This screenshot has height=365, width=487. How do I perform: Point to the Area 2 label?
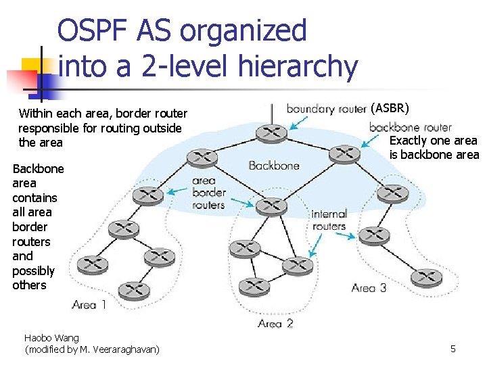[275, 324]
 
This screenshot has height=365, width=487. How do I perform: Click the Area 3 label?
[369, 288]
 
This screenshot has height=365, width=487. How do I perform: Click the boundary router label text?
[326, 109]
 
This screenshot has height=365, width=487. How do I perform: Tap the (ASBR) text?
[390, 108]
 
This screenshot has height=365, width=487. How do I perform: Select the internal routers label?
[329, 220]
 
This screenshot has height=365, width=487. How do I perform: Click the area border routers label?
[208, 193]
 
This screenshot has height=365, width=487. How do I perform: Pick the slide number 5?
[453, 349]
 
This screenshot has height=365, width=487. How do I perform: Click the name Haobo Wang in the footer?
[51, 337]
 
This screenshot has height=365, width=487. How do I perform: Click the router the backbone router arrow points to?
[344, 154]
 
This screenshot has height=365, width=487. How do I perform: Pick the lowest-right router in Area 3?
[425, 276]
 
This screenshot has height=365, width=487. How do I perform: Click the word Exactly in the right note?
[407, 141]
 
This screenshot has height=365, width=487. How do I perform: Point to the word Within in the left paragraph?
[34, 114]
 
